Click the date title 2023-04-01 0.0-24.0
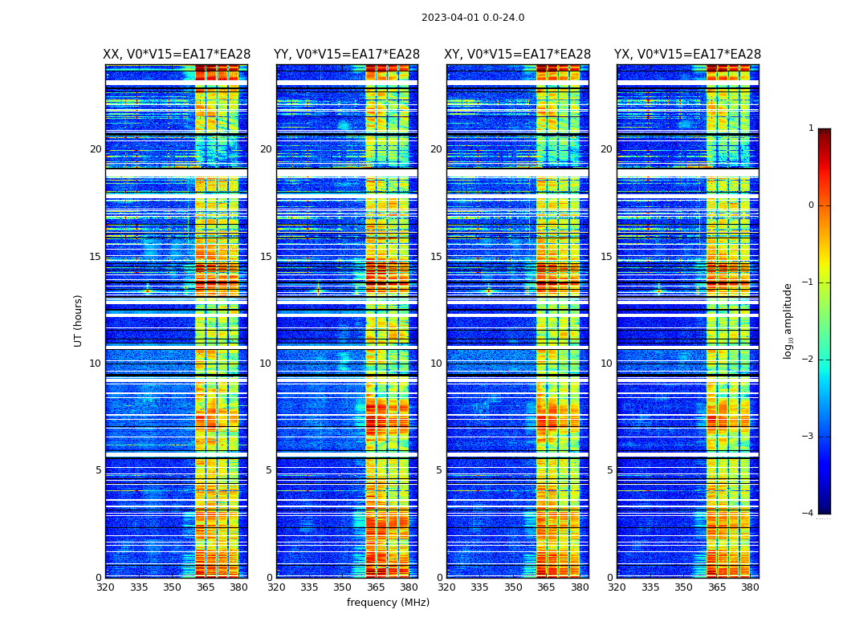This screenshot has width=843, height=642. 473,18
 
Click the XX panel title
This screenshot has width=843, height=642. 177,55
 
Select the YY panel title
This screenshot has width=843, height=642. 347,55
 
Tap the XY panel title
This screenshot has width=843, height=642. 518,55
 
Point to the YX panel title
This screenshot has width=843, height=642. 688,55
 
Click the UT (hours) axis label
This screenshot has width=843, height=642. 79,320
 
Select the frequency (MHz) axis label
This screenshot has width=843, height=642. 388,603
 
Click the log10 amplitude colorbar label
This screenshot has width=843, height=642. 788,320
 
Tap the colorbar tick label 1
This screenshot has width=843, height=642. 810,128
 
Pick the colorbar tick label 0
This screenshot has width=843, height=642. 810,205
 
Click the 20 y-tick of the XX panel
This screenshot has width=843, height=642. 96,149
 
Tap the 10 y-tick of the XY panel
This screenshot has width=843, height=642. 436,364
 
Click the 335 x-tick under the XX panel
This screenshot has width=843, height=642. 139,587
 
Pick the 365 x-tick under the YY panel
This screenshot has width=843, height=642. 376,587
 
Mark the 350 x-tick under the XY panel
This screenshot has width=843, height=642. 513,587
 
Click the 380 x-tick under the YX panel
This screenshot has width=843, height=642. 750,587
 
